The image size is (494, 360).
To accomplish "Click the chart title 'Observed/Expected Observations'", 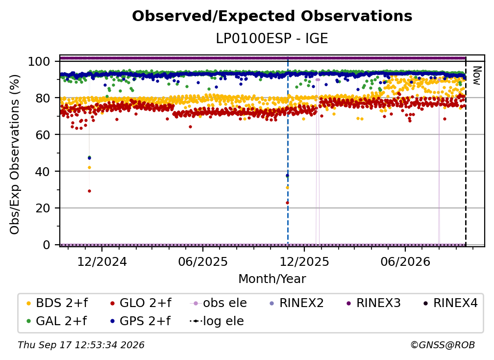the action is point(272,16).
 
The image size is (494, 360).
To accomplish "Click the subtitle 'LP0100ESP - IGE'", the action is point(272,38).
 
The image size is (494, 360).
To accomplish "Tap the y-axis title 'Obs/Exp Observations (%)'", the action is point(15,154).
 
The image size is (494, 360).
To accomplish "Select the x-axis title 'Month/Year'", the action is point(272,279).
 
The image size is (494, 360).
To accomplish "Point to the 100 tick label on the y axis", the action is point(39,61).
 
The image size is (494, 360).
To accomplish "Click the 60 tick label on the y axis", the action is point(43,134).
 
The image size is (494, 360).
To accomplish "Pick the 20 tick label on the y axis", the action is point(43,208).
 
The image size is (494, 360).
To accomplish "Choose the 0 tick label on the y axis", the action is point(47,245).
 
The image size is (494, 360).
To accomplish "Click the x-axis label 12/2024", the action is point(102,261).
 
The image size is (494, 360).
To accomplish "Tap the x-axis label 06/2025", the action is point(202,261).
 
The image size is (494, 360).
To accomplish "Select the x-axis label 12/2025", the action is point(304,261).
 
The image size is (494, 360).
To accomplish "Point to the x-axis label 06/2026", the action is point(405,261).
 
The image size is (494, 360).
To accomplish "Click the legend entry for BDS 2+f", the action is point(57,303).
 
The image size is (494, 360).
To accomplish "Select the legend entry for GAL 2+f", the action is point(56,321).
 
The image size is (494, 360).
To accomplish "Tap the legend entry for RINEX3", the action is point(373,303).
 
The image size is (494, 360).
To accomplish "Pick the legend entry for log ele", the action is point(217,321).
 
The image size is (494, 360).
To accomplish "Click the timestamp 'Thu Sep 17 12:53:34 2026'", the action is point(81,345).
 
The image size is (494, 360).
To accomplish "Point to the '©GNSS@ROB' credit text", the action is point(443,345).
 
